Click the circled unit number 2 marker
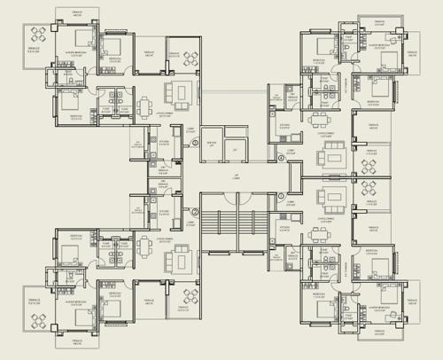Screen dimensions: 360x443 195,212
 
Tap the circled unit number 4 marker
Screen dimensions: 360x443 282,158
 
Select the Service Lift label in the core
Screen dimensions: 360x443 211,143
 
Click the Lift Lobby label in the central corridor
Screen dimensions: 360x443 236,178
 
